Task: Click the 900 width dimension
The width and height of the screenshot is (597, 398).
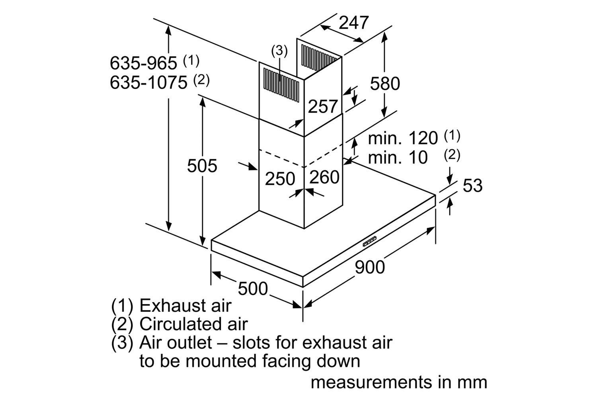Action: [x=370, y=267]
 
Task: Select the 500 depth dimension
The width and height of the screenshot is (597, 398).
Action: [x=253, y=288]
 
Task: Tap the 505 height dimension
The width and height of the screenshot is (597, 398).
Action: [x=202, y=166]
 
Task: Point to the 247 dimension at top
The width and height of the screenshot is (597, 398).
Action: [x=354, y=23]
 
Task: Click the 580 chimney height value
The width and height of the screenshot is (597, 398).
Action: [x=385, y=84]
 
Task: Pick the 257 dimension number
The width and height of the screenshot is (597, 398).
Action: [x=323, y=106]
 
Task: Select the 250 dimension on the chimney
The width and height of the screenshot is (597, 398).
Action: [x=280, y=179]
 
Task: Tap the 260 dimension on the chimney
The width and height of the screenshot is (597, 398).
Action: [x=324, y=177]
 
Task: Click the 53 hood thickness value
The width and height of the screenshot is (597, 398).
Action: [x=472, y=185]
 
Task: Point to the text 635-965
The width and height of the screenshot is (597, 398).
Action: [x=143, y=63]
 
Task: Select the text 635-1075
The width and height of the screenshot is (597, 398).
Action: [x=148, y=82]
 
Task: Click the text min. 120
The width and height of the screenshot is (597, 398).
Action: [x=403, y=138]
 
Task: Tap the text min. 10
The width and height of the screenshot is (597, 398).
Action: [x=398, y=158]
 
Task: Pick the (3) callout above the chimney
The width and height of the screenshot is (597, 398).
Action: [x=279, y=51]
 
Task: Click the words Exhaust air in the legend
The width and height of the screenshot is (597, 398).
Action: [x=185, y=306]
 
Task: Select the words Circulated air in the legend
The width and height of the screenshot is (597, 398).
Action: [x=193, y=324]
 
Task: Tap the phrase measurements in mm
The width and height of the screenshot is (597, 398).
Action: [x=399, y=382]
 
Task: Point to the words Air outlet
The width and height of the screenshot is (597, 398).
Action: [x=175, y=343]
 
